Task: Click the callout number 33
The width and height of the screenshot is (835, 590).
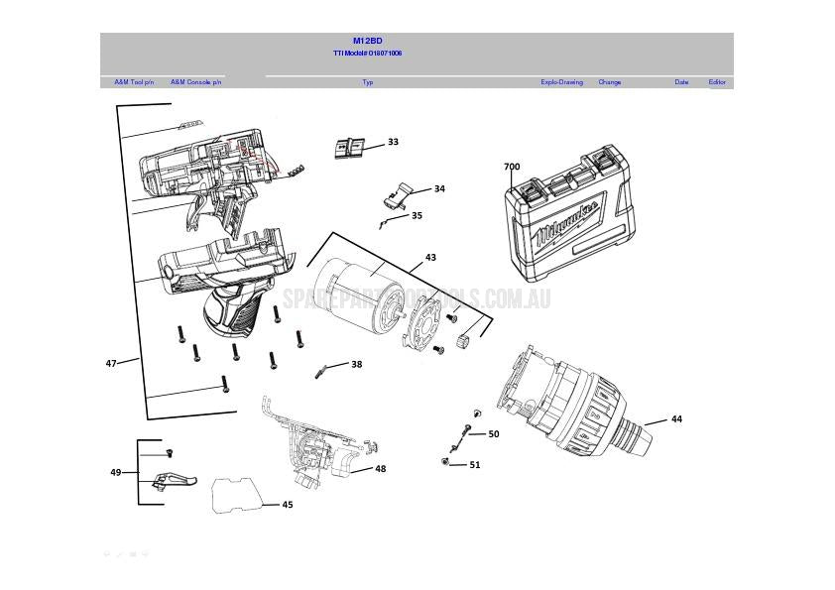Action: (393, 142)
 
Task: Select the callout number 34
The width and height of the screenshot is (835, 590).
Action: (439, 188)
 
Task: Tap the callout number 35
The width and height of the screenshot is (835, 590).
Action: (417, 215)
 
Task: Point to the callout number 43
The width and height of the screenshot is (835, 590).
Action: (430, 258)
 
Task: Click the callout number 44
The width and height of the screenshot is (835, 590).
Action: (676, 419)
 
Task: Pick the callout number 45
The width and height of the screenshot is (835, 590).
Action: (288, 505)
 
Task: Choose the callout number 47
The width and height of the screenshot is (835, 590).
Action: (111, 364)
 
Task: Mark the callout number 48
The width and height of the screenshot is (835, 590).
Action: (381, 469)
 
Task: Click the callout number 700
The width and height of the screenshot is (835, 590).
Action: (512, 168)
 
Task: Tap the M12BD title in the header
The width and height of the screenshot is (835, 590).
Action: (367, 42)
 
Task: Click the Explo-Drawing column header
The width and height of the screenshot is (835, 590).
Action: (561, 82)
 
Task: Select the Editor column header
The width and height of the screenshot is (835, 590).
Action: (717, 82)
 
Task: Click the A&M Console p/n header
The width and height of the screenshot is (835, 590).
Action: (195, 82)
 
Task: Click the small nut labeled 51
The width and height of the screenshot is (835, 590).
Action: (446, 462)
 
